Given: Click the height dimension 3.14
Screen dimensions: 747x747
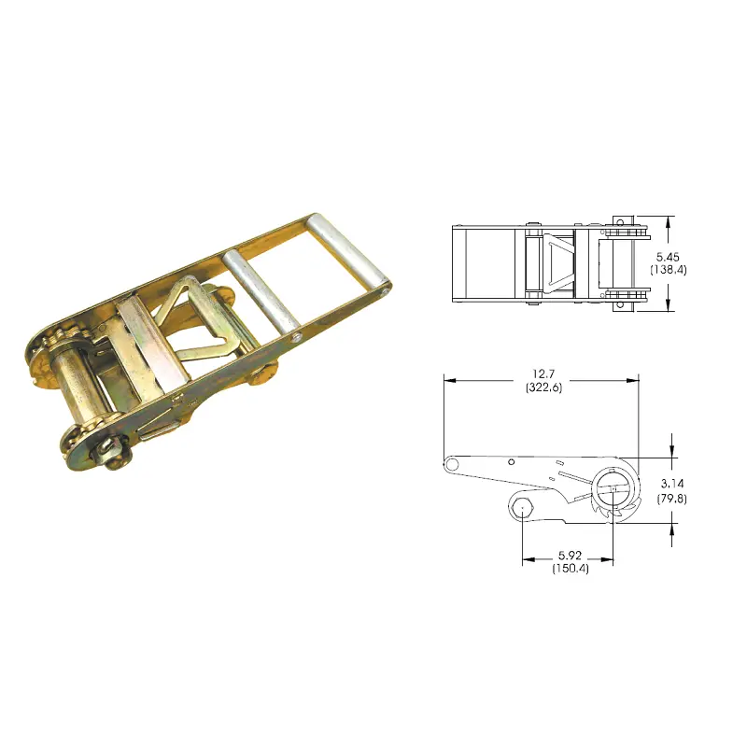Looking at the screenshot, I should [x=671, y=483].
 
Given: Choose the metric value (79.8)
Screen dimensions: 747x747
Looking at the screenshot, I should [x=671, y=497].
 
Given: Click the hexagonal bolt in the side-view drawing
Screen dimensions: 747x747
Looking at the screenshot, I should [x=520, y=509].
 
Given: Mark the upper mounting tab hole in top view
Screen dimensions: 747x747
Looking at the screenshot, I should [x=617, y=221].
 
